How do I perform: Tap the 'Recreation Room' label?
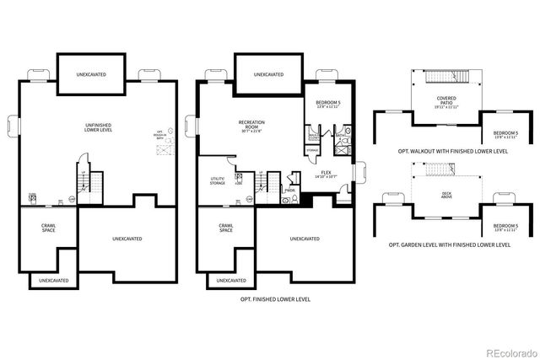pos(252,125)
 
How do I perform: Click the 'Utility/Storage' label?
pos(217,180)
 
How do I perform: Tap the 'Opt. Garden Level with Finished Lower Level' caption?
pos(449,244)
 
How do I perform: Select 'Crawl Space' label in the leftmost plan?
pos(49,228)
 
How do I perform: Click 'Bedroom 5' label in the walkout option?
pos(505,134)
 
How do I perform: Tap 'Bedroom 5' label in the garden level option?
pos(505,227)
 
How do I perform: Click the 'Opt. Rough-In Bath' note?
pos(159,135)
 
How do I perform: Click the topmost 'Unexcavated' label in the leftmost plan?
pos(89,74)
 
